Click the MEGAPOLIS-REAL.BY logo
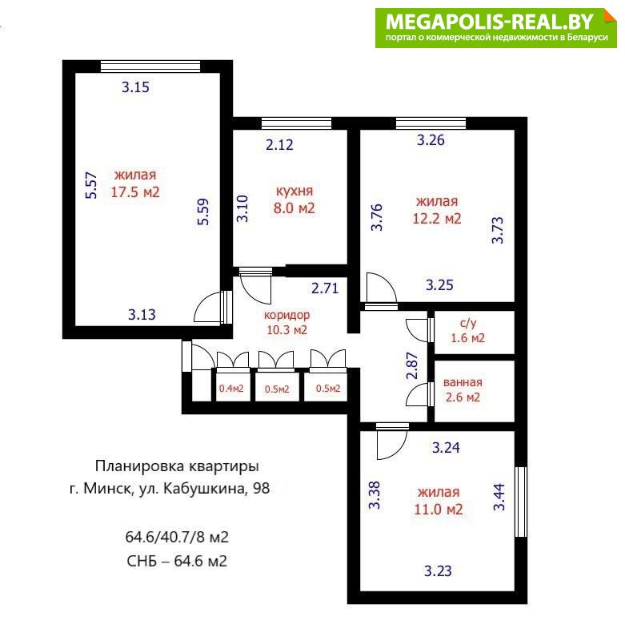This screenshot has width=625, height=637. pos(496,28)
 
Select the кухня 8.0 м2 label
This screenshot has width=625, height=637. pos(294,200)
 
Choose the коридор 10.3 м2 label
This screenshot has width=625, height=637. pos(287,323)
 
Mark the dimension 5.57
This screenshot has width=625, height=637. pos(91,186)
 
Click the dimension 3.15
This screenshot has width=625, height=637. pos(135,87)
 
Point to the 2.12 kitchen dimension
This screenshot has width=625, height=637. pos(279,144)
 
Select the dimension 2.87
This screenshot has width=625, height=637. pos(411,365)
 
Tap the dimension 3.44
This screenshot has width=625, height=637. pos(499,497)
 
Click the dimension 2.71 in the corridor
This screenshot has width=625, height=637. pos(325,288)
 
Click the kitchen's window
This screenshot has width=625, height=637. pos(296,123)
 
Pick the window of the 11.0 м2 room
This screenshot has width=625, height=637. pos(521,502)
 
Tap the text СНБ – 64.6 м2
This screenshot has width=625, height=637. pos(177,561)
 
